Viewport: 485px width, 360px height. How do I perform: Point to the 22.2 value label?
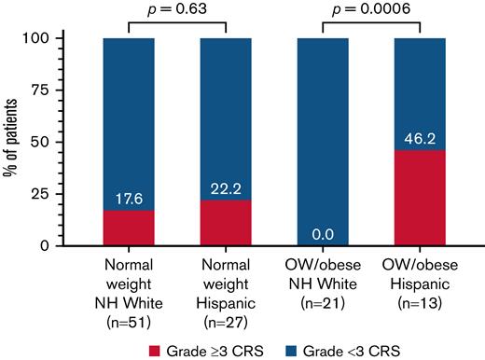(227, 189)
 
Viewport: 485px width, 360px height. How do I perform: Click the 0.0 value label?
(324, 235)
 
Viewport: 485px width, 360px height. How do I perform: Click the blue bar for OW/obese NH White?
(324, 140)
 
